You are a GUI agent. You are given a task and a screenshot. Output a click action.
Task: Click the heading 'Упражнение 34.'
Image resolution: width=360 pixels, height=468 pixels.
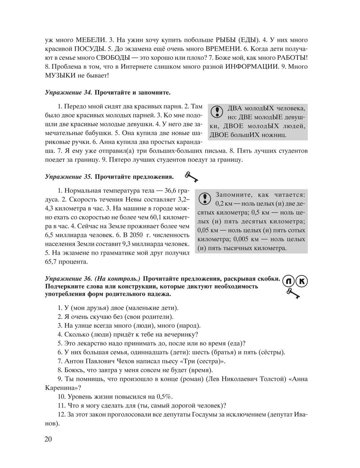[x=68, y=93]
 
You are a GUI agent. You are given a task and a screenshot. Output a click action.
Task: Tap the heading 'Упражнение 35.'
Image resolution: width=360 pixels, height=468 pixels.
[x=68, y=177]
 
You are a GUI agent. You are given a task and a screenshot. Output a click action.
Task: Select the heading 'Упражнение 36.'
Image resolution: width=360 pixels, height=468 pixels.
[x=68, y=279]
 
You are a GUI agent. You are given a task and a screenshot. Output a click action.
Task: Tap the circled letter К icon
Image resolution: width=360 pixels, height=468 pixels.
[x=303, y=282]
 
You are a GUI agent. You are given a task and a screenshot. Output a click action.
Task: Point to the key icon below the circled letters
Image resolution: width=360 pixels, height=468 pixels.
[x=293, y=294]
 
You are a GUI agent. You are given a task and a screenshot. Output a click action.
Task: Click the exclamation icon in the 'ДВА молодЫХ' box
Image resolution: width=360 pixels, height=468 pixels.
[x=217, y=112]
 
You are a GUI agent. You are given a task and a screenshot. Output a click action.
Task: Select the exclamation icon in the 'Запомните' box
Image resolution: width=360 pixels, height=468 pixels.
[x=205, y=199]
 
